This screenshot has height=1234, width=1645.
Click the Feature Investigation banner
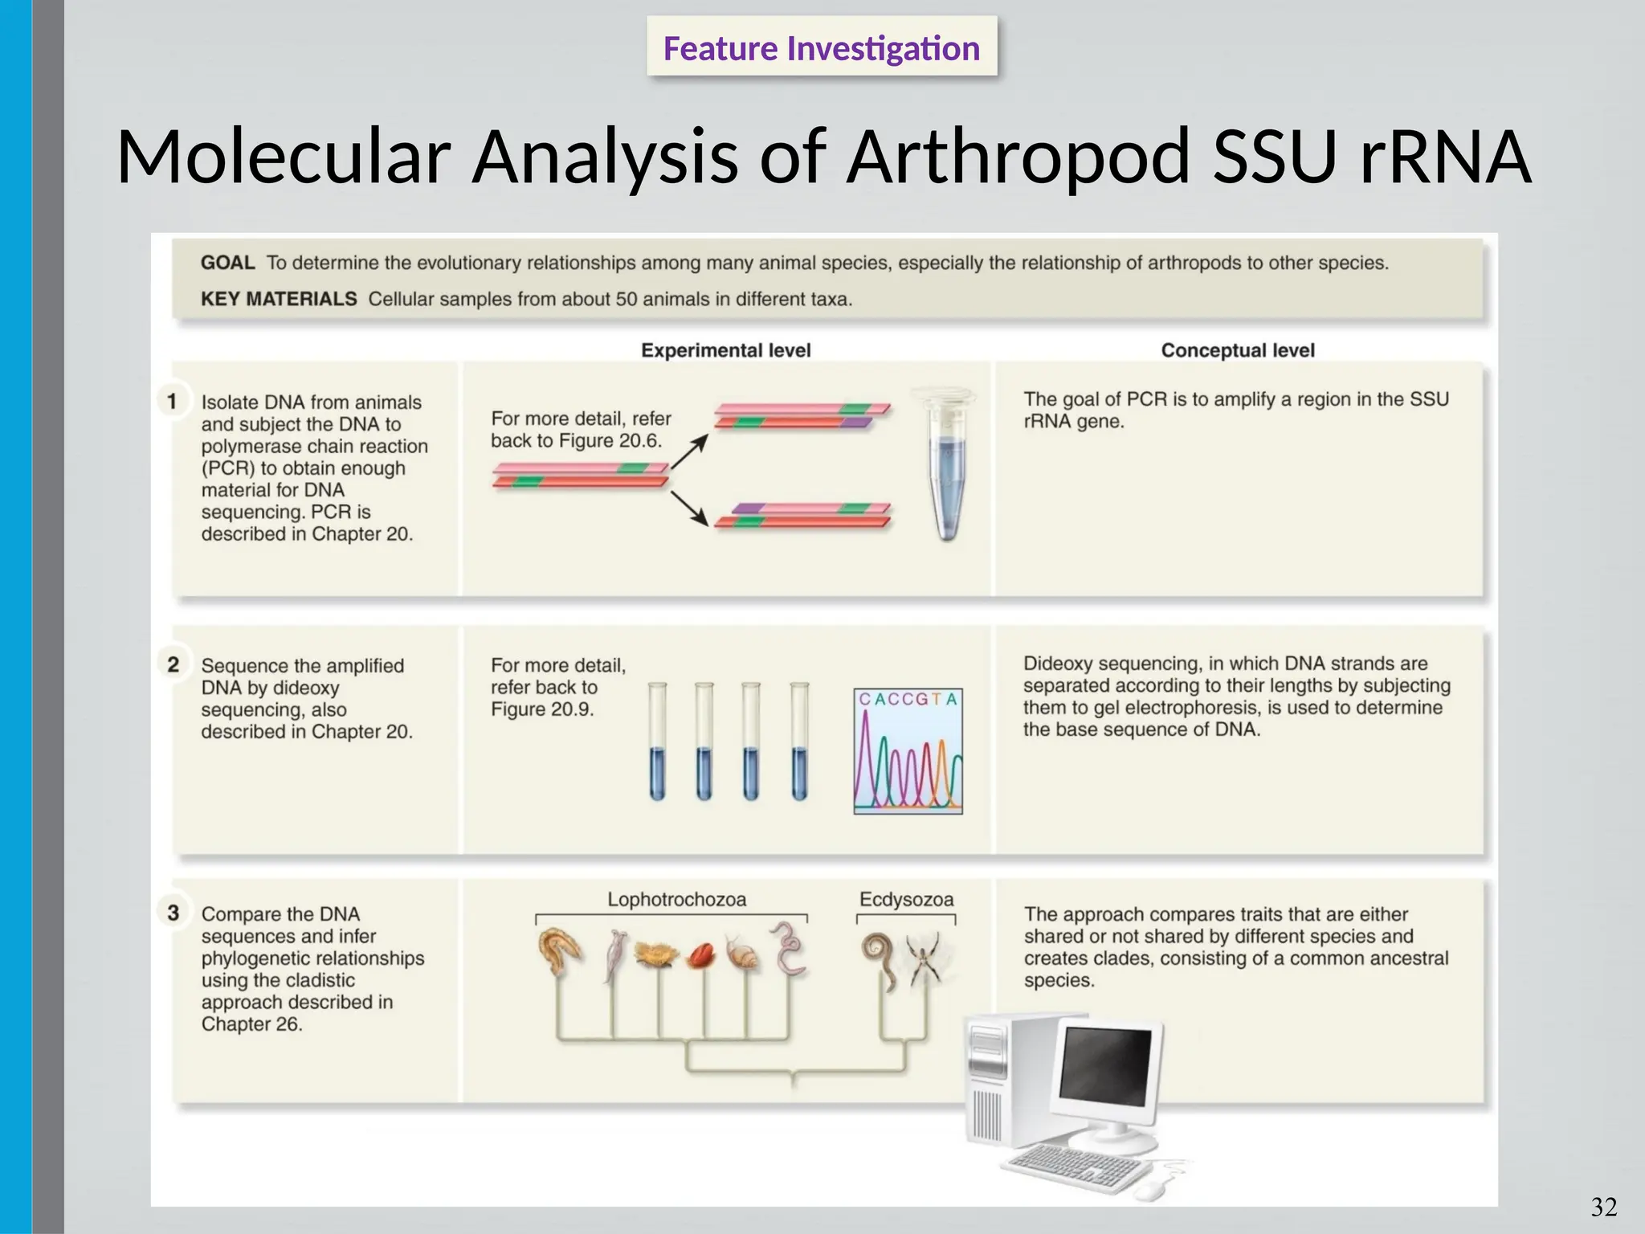point(821,48)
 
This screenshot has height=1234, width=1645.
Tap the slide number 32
point(1603,1207)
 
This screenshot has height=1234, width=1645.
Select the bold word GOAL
point(227,263)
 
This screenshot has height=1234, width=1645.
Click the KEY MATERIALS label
point(278,299)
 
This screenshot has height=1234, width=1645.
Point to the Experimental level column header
point(725,350)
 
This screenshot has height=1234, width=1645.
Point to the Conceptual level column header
point(1237,350)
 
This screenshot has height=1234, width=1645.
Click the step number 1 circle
point(172,400)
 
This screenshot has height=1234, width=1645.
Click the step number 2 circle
point(173,664)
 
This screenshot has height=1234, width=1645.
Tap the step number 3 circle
point(173,913)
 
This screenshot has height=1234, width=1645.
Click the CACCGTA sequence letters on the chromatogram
point(908,700)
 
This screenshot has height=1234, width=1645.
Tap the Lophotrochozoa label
point(676,900)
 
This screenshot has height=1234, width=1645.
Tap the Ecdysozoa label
point(906,900)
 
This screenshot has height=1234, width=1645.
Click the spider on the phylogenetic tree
point(925,959)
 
